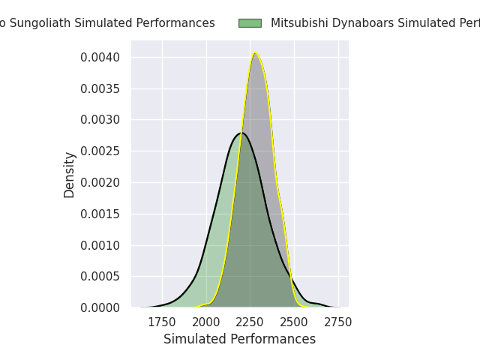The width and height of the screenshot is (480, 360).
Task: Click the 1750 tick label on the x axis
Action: [x=162, y=322]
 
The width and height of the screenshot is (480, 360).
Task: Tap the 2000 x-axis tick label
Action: [x=206, y=322]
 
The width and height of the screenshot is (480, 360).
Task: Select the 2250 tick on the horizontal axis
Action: [x=250, y=322]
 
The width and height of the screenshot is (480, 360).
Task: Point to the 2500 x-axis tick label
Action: [x=294, y=322]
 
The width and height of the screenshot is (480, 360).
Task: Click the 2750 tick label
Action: [x=338, y=322]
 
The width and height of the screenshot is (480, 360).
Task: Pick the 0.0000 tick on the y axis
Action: [x=100, y=307]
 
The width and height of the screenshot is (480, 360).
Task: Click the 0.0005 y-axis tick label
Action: [x=100, y=276]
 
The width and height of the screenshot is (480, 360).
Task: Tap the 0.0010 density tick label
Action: [x=100, y=245]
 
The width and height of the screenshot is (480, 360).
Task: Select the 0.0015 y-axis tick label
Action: [x=100, y=214]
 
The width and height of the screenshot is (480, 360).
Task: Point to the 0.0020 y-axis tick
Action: [x=100, y=182]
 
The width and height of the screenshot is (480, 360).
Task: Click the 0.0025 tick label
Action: [x=100, y=151]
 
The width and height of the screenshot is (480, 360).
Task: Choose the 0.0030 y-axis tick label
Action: [x=100, y=120]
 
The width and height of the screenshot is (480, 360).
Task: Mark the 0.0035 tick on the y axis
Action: [x=100, y=88]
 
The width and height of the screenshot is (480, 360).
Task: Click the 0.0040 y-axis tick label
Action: [x=100, y=58]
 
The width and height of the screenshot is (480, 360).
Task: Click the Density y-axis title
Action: [x=70, y=175]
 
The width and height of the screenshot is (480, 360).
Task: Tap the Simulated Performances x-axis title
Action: [x=239, y=339]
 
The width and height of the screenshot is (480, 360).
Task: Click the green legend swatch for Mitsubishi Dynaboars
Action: [x=250, y=23]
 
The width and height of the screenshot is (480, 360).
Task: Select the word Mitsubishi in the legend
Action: [x=297, y=23]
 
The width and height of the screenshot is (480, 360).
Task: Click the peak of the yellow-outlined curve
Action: [x=255, y=53]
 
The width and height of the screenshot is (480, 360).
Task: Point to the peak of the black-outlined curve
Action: [x=241, y=133]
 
